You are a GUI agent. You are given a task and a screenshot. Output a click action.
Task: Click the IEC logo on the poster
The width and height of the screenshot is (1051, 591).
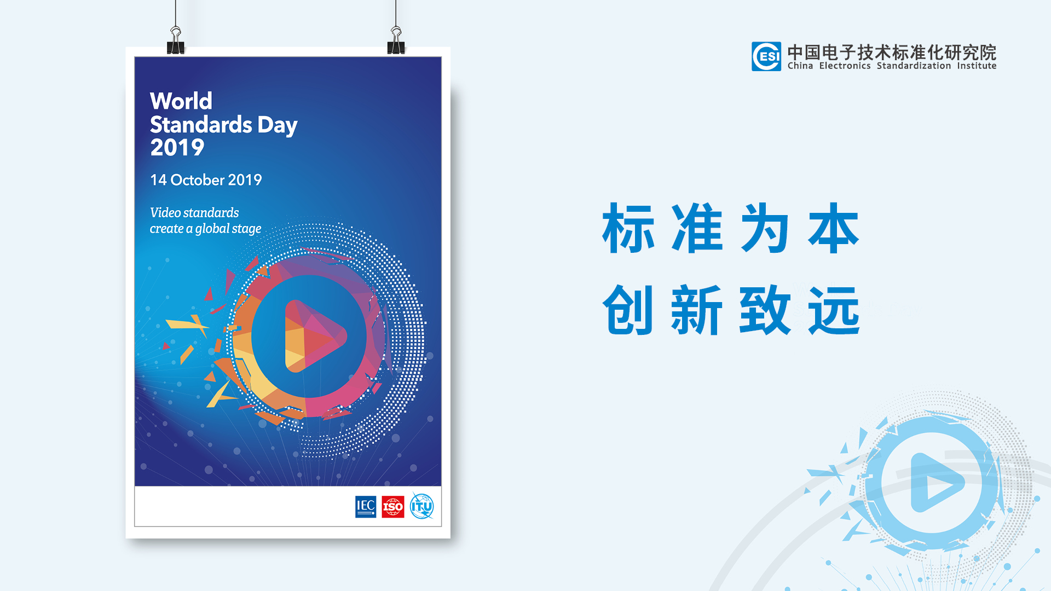[366, 507]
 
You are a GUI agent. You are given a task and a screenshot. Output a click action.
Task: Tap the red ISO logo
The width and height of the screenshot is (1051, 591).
[393, 507]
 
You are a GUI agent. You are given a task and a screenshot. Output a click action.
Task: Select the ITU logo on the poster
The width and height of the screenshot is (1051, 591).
[422, 506]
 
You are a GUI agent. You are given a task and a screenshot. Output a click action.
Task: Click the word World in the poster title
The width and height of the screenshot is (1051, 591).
[181, 101]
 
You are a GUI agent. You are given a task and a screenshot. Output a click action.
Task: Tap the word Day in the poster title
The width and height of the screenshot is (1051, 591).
[278, 125]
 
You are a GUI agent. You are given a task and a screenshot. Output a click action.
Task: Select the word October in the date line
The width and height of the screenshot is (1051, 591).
[198, 180]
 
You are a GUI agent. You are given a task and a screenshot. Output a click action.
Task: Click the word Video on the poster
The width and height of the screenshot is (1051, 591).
[165, 212]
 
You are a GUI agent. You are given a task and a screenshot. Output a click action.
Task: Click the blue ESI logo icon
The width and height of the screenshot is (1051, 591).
[766, 56]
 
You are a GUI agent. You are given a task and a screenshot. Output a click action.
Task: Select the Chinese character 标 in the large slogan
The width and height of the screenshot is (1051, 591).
[628, 228]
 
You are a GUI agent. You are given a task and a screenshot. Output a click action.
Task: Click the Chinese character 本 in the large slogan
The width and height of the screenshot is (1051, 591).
[834, 228]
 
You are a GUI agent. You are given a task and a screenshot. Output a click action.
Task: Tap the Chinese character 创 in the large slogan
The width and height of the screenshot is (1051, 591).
[628, 310]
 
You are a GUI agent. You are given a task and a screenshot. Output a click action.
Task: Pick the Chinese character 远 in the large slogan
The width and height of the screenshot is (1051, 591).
[834, 310]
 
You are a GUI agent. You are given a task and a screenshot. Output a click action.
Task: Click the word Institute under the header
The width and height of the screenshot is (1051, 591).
[977, 66]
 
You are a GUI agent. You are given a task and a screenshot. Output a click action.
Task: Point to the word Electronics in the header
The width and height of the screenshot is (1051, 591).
[845, 66]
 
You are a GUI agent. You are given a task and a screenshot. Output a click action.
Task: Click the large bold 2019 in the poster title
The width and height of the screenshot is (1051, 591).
[177, 148]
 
